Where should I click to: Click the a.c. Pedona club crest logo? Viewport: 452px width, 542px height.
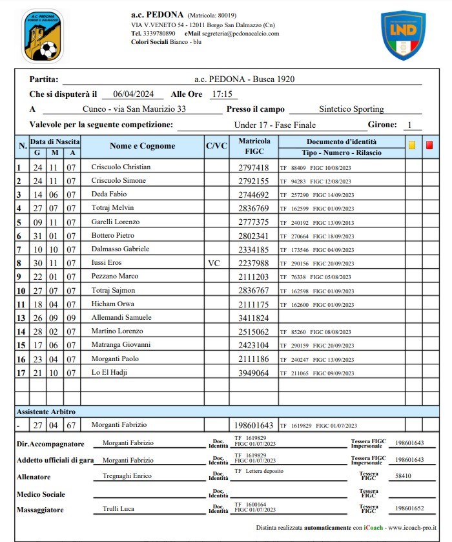[43, 36]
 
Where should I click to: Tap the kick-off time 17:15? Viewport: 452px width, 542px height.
[220, 94]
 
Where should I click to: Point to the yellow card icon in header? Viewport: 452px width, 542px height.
[412, 145]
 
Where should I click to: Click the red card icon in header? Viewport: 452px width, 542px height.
[429, 145]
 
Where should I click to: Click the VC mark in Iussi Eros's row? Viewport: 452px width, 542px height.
[214, 264]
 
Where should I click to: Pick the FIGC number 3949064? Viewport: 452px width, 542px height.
[253, 373]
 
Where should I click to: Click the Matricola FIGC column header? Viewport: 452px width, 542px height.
[254, 146]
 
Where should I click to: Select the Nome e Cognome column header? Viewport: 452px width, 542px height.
[142, 146]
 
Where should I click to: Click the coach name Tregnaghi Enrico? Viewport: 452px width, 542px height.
[127, 476]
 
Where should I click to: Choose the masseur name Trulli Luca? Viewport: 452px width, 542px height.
[118, 509]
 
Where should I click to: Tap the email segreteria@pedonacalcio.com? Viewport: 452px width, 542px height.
[241, 33]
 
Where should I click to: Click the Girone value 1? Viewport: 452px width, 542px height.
[409, 125]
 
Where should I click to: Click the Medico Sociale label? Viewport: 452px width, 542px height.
[42, 494]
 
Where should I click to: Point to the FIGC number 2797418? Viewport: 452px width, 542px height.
[253, 167]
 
